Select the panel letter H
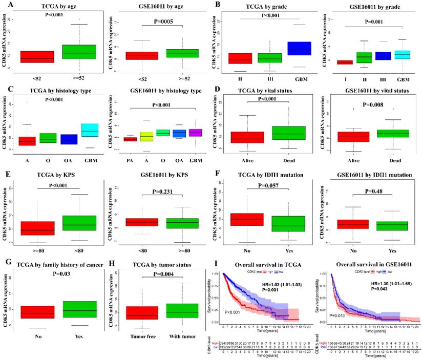114,265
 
